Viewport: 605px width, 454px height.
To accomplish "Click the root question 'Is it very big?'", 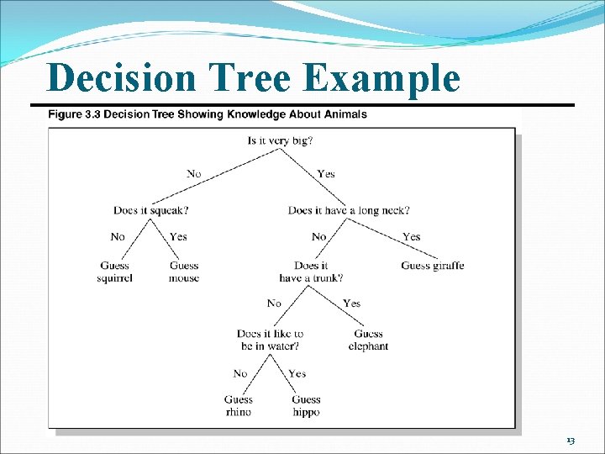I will click(280, 140).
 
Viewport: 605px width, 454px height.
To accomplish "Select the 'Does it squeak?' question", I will click(150, 209).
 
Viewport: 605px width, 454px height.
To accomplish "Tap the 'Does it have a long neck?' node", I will click(349, 209).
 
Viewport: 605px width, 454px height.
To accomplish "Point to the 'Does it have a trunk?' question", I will click(311, 272).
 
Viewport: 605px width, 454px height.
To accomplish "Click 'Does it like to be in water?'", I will click(270, 340).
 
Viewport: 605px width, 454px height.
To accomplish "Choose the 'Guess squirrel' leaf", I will click(114, 272).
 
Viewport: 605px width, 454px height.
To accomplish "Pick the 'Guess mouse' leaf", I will click(183, 272).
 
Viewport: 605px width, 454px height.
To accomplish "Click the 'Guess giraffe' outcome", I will click(432, 266).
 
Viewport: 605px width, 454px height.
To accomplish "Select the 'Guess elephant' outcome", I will click(368, 340).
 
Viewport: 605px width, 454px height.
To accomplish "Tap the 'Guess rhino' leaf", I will click(238, 406).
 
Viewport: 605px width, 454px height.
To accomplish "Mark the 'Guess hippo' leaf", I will click(306, 406).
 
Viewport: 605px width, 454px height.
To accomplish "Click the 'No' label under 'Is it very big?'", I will click(194, 174).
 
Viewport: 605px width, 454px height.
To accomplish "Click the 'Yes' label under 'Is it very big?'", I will click(326, 174).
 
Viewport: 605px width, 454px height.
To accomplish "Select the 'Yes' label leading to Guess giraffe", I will click(411, 237).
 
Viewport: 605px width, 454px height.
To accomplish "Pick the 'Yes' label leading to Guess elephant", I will click(351, 304).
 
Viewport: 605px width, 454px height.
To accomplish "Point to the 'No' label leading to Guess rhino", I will click(240, 374).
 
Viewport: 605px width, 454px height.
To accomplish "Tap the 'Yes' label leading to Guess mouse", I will click(178, 237).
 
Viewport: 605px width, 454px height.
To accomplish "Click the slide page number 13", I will click(570, 441).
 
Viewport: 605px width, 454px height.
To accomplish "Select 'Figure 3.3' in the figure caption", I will click(76, 114).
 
